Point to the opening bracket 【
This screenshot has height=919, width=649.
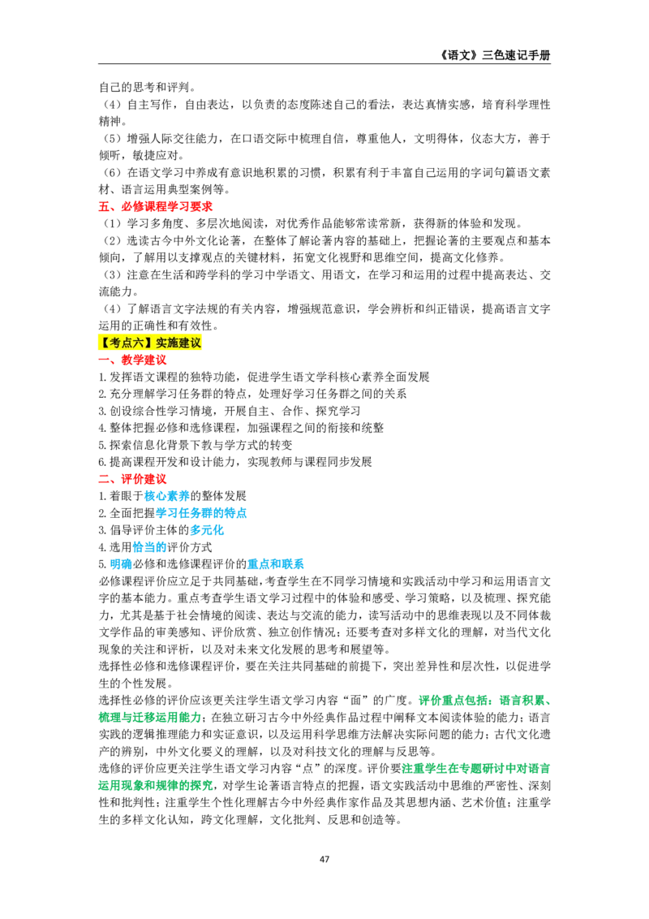coord(102,342)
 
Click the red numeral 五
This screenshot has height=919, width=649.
coord(103,207)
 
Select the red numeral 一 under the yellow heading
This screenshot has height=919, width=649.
coord(103,361)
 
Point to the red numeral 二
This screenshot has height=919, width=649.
coord(103,479)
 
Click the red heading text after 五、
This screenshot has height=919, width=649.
coord(166,207)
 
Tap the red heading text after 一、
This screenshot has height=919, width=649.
coord(144,361)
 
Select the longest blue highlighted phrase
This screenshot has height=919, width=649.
coord(202,513)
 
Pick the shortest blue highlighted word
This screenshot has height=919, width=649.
coord(121,564)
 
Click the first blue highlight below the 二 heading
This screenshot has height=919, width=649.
coord(166,495)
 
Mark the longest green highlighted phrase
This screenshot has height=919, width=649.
coord(477,769)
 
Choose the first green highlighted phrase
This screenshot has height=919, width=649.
coord(454,700)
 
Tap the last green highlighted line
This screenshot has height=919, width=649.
coord(155,786)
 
